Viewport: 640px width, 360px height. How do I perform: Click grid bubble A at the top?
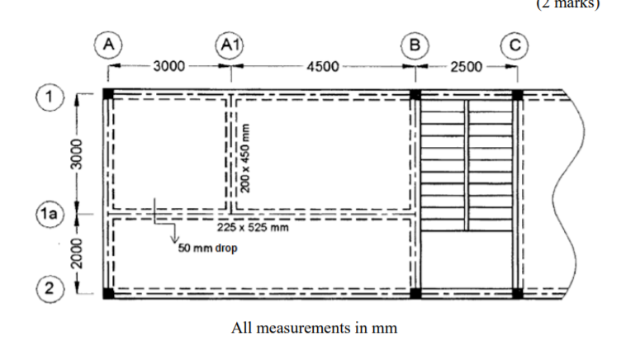[x=108, y=43]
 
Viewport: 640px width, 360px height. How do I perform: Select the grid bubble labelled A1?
[x=230, y=43]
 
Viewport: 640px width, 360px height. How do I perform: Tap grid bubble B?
[x=415, y=43]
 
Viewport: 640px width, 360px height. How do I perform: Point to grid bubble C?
[x=518, y=43]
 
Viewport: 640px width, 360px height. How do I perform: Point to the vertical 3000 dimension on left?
[x=77, y=154]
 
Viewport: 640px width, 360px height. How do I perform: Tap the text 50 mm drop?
[x=207, y=248]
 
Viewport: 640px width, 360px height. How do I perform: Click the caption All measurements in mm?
[x=314, y=328]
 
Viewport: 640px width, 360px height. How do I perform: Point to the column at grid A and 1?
[x=108, y=93]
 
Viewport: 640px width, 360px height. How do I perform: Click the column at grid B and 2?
[x=415, y=293]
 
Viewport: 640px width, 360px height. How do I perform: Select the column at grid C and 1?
[x=518, y=94]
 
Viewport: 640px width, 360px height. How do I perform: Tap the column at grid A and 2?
[x=108, y=293]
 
